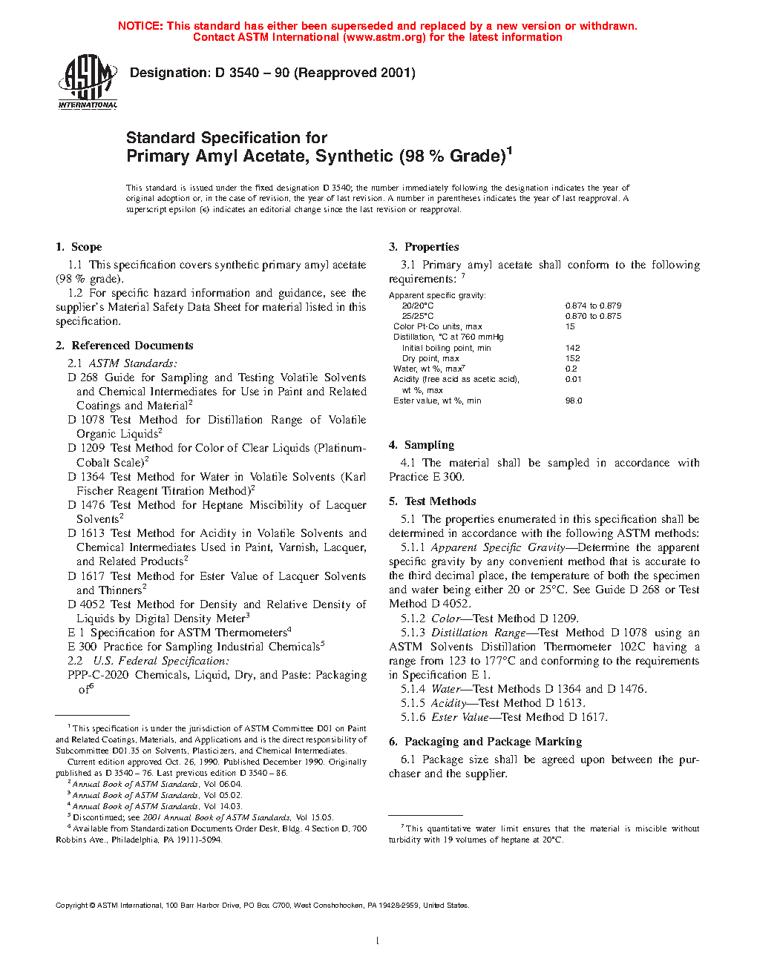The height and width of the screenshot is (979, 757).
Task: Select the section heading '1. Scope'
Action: tap(79, 247)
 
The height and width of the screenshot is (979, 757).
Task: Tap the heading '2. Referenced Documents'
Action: tap(125, 346)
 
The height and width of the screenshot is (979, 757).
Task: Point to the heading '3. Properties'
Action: tap(424, 247)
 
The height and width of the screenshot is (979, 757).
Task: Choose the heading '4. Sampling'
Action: tap(422, 445)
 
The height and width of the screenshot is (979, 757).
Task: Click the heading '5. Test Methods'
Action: tap(432, 501)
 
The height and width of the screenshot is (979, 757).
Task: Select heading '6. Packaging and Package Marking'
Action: tap(485, 742)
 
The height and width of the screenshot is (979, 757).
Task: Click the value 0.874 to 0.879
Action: tap(593, 306)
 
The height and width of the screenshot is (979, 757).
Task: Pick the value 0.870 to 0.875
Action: tap(593, 316)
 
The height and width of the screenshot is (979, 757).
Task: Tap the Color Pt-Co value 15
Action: tap(570, 326)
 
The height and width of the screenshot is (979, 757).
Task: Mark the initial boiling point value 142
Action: tap(572, 348)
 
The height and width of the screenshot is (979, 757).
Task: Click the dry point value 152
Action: tap(572, 358)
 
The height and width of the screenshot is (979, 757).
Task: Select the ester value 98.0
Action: tap(574, 400)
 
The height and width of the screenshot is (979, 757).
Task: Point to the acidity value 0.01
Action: tap(573, 379)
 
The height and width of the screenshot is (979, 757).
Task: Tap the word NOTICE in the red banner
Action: tap(140, 26)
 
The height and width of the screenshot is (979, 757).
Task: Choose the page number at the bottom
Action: tap(378, 941)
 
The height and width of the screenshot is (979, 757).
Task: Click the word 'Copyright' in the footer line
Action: tap(71, 906)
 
